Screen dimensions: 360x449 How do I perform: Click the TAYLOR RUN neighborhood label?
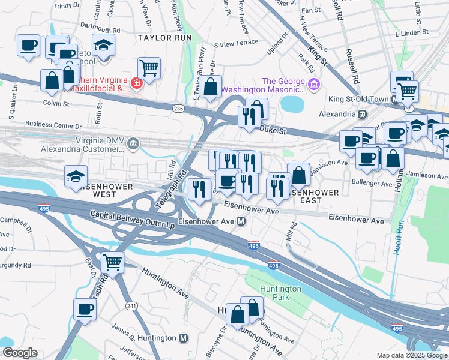(164, 37)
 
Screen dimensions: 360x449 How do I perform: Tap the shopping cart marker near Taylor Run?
(149, 68)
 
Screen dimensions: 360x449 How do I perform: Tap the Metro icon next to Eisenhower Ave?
(241, 221)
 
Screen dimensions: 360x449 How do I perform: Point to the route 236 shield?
(178, 108)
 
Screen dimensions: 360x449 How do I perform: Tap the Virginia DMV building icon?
(133, 143)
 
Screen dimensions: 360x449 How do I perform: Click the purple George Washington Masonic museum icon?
(313, 85)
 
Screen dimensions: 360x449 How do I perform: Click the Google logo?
(20, 353)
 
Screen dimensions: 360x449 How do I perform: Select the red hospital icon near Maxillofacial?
(137, 83)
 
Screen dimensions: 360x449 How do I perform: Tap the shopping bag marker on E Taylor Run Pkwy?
(211, 86)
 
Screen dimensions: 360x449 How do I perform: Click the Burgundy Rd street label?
(14, 265)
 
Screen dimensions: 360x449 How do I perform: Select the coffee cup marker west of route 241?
(85, 310)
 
